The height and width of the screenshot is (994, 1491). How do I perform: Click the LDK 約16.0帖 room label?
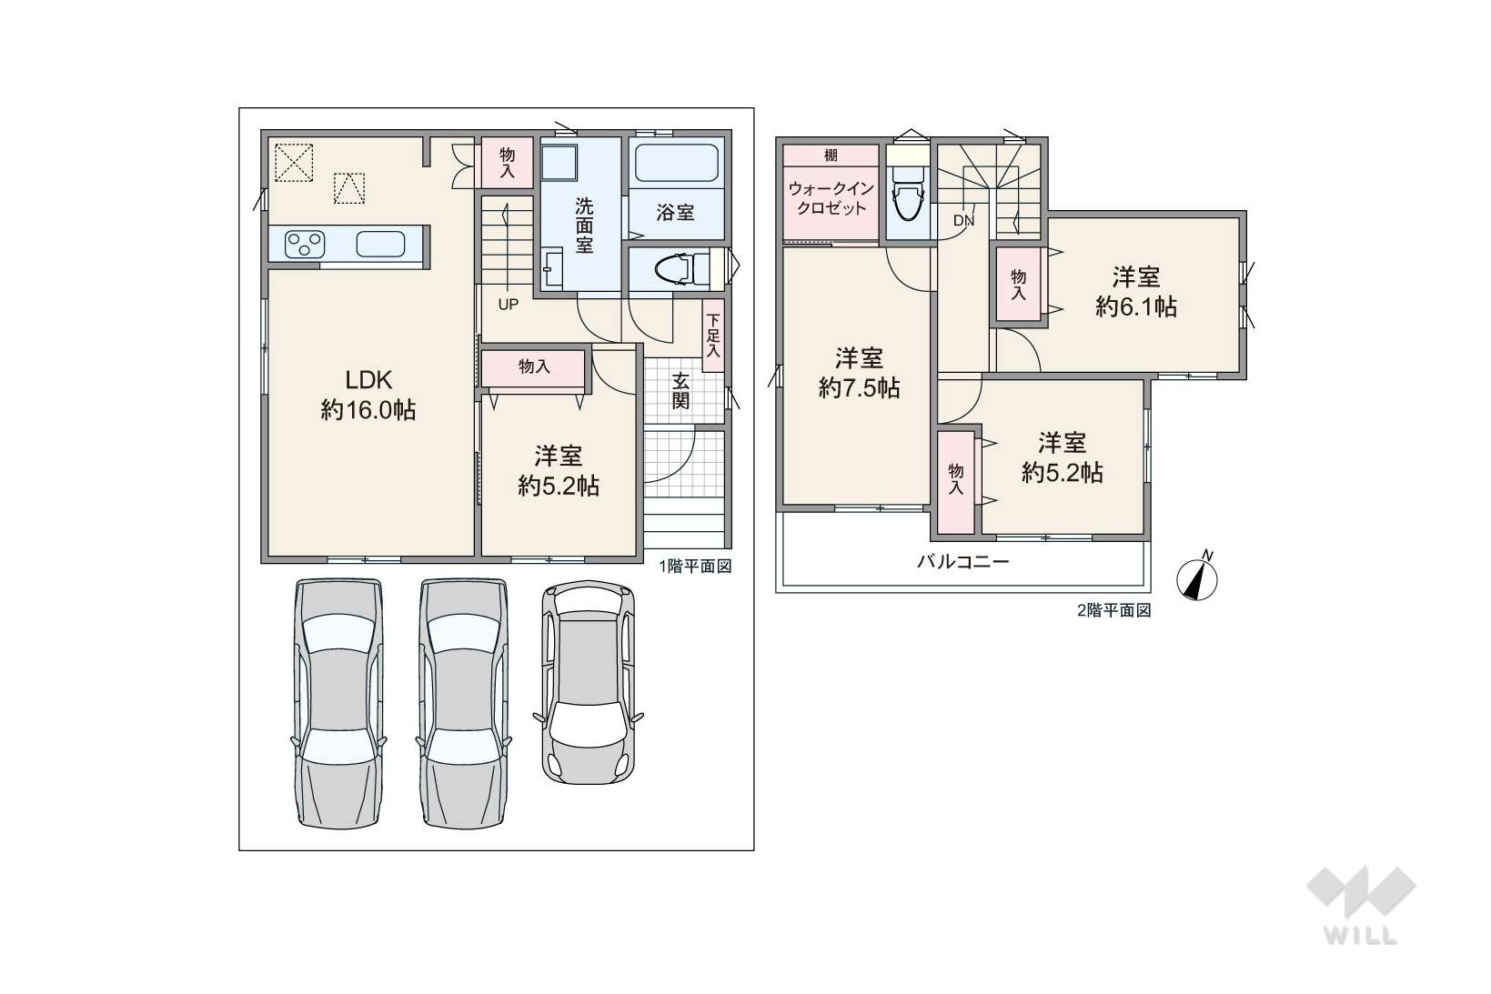(368, 396)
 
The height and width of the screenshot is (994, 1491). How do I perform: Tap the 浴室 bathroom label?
(676, 213)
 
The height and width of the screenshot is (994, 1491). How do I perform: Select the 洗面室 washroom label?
(584, 226)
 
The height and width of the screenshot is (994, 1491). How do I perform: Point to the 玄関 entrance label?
(680, 390)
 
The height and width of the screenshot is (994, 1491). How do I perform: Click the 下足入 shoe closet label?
(713, 336)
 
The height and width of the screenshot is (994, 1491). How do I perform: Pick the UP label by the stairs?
(508, 305)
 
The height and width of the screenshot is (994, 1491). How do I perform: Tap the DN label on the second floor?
(963, 221)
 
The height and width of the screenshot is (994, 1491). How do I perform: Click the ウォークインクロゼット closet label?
(831, 198)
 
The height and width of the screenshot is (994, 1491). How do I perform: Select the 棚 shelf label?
(831, 156)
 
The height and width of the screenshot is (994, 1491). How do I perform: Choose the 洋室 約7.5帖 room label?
(860, 373)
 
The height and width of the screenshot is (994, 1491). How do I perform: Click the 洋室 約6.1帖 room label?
(1136, 291)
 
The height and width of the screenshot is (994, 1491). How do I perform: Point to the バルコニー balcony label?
(963, 562)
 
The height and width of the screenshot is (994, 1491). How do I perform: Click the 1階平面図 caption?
(696, 567)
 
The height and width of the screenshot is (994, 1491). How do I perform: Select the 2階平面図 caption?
(1114, 611)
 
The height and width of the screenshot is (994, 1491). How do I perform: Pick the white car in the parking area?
(589, 683)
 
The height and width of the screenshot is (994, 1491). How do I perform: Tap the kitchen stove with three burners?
(305, 244)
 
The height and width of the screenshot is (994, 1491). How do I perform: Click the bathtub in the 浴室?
(676, 164)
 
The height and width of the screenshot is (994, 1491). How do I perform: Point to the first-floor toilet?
(683, 269)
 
